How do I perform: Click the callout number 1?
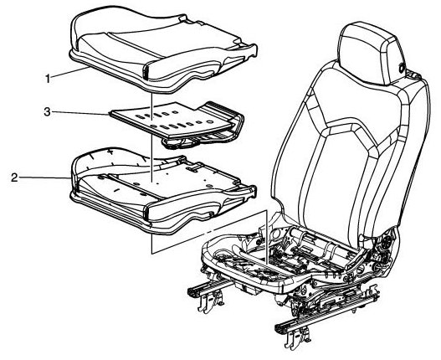(x=48, y=78)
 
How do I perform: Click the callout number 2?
(x=14, y=177)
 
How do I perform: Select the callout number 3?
(x=47, y=112)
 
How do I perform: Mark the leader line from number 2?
(x=44, y=177)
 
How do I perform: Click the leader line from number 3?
(x=80, y=113)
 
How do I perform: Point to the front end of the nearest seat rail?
(x=279, y=327)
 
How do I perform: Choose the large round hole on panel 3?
(x=209, y=123)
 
